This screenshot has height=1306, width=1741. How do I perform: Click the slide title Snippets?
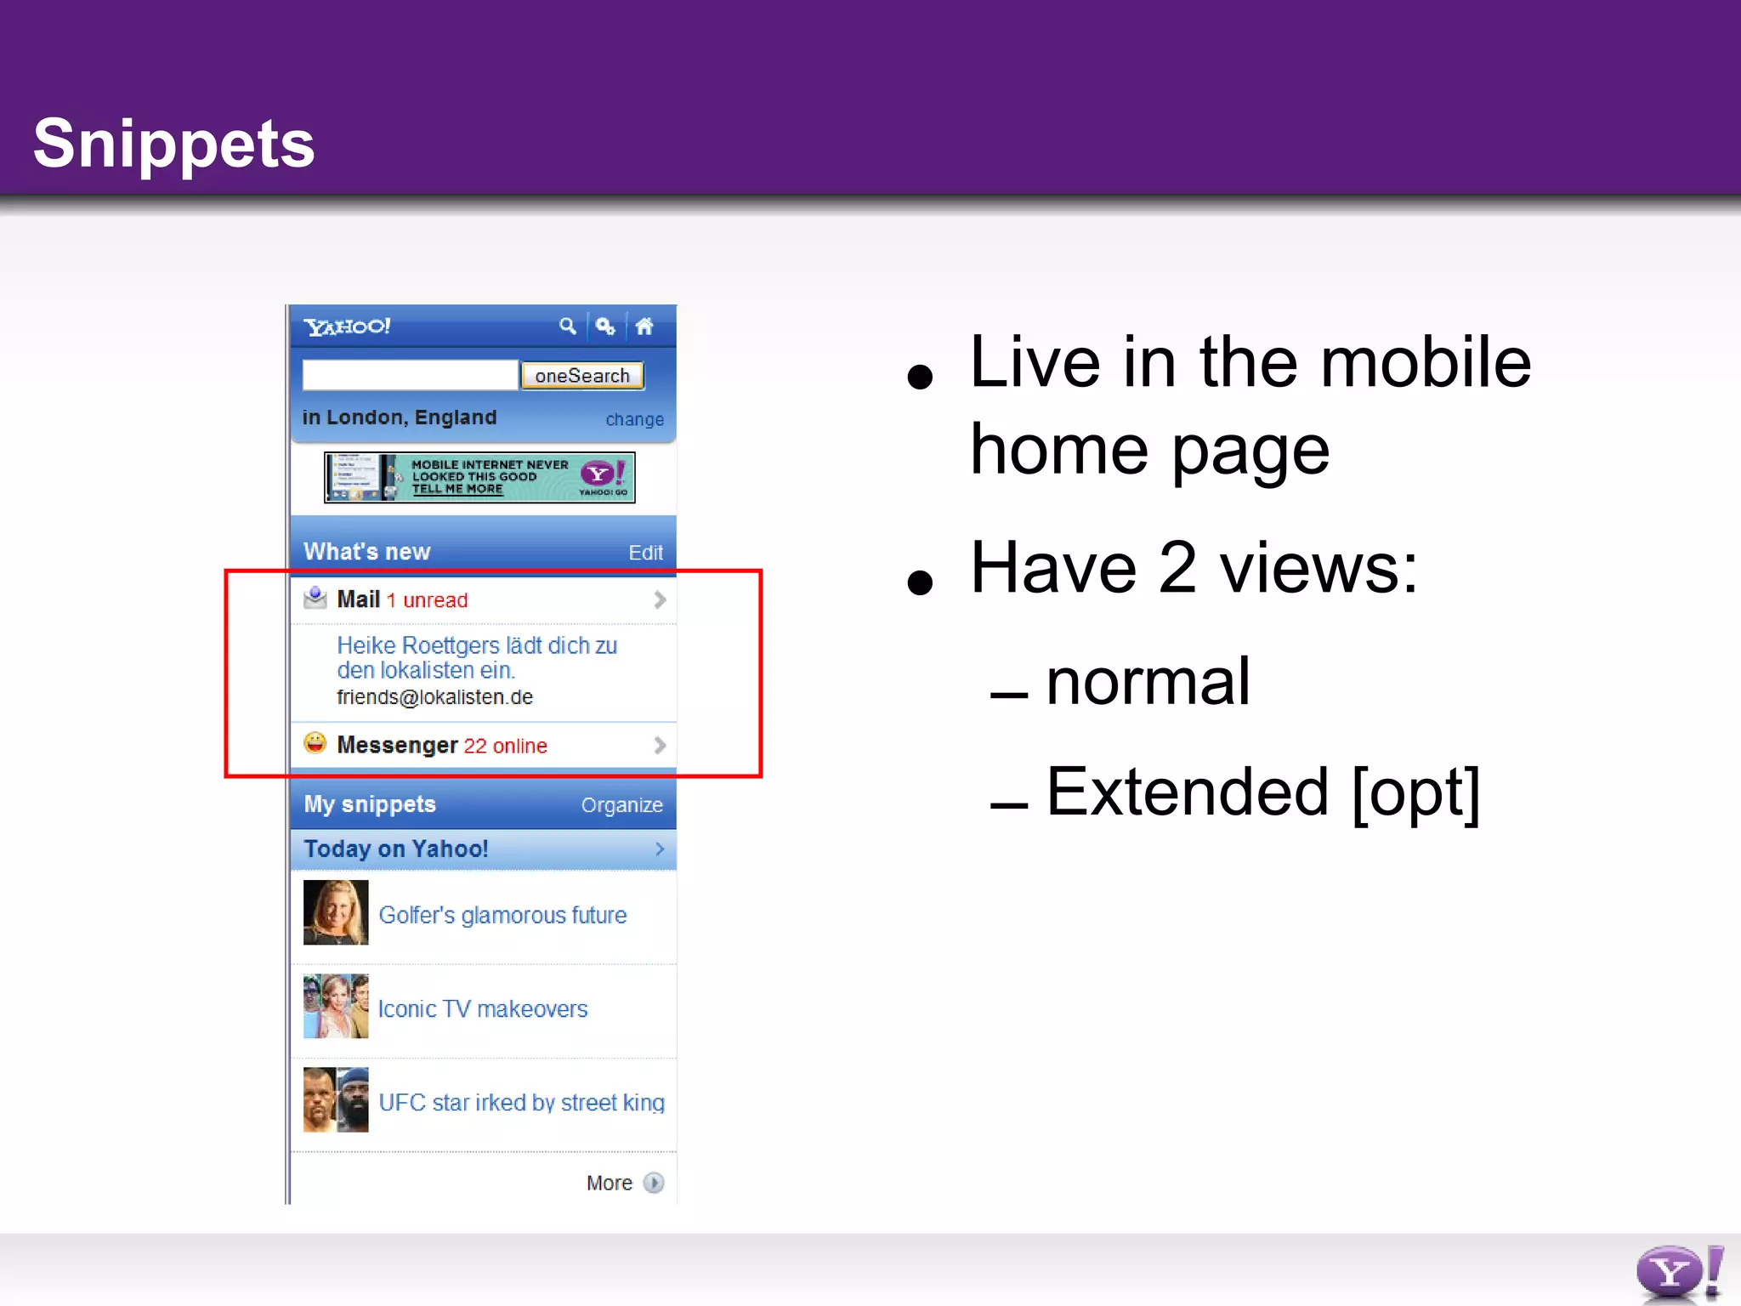click(173, 143)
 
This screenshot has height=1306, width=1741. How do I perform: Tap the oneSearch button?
click(582, 375)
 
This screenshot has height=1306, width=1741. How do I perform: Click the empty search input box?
click(410, 375)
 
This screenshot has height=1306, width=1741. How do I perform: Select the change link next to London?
click(634, 419)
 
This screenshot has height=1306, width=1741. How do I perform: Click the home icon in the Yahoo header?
click(644, 326)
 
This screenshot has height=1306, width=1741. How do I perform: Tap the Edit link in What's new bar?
click(645, 553)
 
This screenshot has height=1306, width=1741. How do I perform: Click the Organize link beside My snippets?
click(621, 805)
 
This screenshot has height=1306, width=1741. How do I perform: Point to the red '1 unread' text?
click(427, 600)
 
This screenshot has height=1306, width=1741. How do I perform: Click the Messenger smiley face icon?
click(315, 743)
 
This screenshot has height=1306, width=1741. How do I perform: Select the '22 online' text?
click(505, 746)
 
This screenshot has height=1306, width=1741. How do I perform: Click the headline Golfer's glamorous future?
click(502, 915)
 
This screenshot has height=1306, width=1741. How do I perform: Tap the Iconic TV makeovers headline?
click(483, 1008)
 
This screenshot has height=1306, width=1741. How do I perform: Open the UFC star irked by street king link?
click(521, 1102)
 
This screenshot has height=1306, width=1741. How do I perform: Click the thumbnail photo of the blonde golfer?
click(336, 912)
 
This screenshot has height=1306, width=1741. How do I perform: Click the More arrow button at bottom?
click(653, 1183)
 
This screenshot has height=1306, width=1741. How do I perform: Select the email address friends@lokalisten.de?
click(434, 697)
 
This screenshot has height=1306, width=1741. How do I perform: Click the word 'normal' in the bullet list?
click(1147, 682)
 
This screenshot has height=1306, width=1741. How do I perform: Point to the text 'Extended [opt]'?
click(1262, 792)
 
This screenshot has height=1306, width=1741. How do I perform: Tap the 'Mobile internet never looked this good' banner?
click(479, 477)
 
